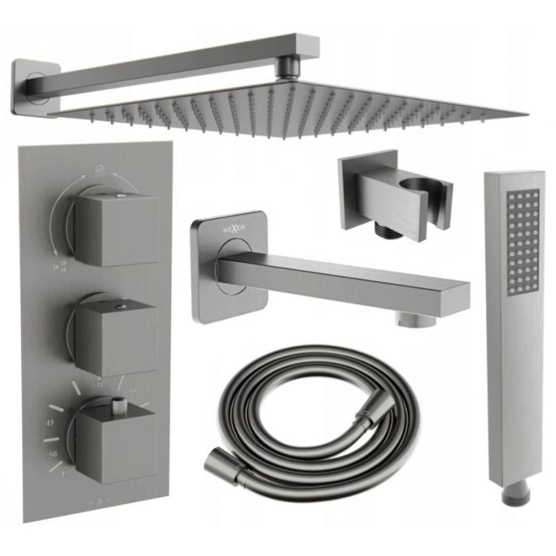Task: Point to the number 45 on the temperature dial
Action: [x=50, y=423]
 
